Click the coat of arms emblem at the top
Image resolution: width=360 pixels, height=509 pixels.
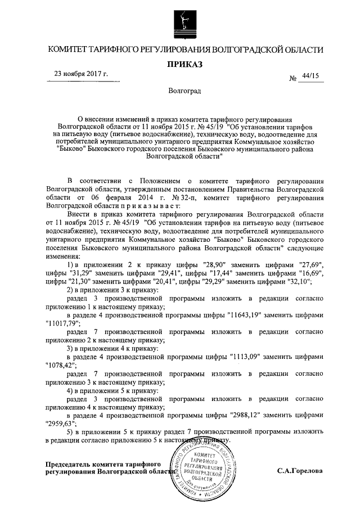pos(181,23)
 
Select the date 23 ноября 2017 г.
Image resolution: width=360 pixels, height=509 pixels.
pos(81,74)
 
